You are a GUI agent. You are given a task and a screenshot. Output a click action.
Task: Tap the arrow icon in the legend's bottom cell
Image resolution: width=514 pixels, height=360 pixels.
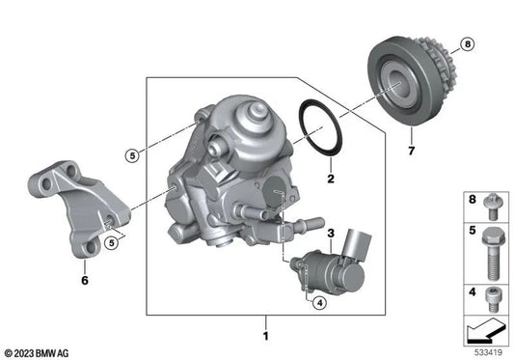click(484, 332)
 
